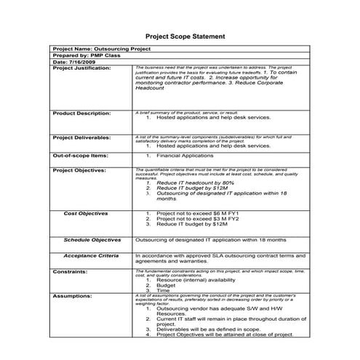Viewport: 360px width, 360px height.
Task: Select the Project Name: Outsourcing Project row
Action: point(102,49)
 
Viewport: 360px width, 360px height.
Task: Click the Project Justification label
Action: point(82,68)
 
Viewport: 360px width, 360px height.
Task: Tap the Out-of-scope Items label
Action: point(80,156)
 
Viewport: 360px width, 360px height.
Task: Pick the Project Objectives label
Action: point(79,170)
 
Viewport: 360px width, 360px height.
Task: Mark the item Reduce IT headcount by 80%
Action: point(191,183)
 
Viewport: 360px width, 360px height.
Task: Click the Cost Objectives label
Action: point(86,214)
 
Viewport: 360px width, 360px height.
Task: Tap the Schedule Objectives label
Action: point(92,239)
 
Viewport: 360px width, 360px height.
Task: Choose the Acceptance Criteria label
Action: point(91,256)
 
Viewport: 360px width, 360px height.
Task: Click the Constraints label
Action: point(70,271)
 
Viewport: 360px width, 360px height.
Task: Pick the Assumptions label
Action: point(72,296)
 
